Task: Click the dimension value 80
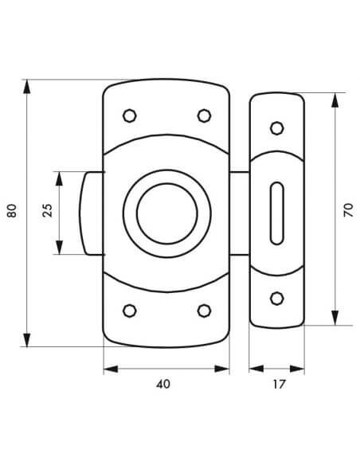click(x=12, y=210)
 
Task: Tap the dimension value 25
click(x=48, y=210)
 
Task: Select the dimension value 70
click(x=348, y=210)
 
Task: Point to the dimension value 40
click(x=163, y=384)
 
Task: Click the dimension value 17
click(x=279, y=385)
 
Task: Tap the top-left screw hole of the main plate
click(x=130, y=115)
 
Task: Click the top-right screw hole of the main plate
click(x=205, y=115)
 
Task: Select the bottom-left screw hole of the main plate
click(x=130, y=311)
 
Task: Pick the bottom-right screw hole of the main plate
click(x=205, y=311)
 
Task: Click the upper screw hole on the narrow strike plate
click(x=277, y=128)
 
